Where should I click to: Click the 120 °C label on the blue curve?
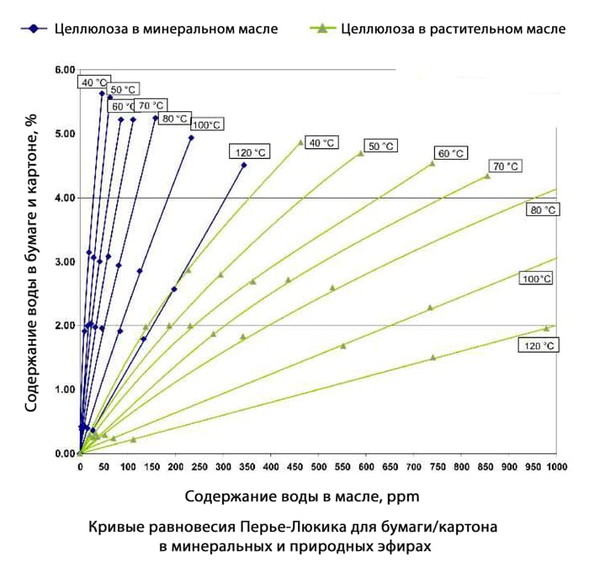(x=250, y=152)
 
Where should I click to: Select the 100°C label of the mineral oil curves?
(x=207, y=125)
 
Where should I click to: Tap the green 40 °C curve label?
(x=321, y=143)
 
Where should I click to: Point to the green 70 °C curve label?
(x=505, y=166)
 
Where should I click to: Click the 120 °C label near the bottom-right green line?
(x=539, y=346)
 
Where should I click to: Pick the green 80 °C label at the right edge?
(x=543, y=209)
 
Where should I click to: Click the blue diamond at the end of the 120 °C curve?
(x=244, y=165)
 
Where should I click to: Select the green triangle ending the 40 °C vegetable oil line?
(x=300, y=142)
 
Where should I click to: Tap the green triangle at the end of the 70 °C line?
(x=487, y=176)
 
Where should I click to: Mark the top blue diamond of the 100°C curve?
(x=191, y=138)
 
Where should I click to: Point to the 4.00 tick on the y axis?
(x=66, y=198)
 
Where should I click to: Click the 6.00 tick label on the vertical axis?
(x=66, y=70)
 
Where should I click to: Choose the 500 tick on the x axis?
(x=319, y=467)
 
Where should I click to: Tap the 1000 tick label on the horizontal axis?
(x=557, y=467)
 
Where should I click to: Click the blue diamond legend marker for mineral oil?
(x=34, y=29)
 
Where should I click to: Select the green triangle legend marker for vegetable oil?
(x=321, y=29)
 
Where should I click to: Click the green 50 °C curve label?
(x=380, y=146)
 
